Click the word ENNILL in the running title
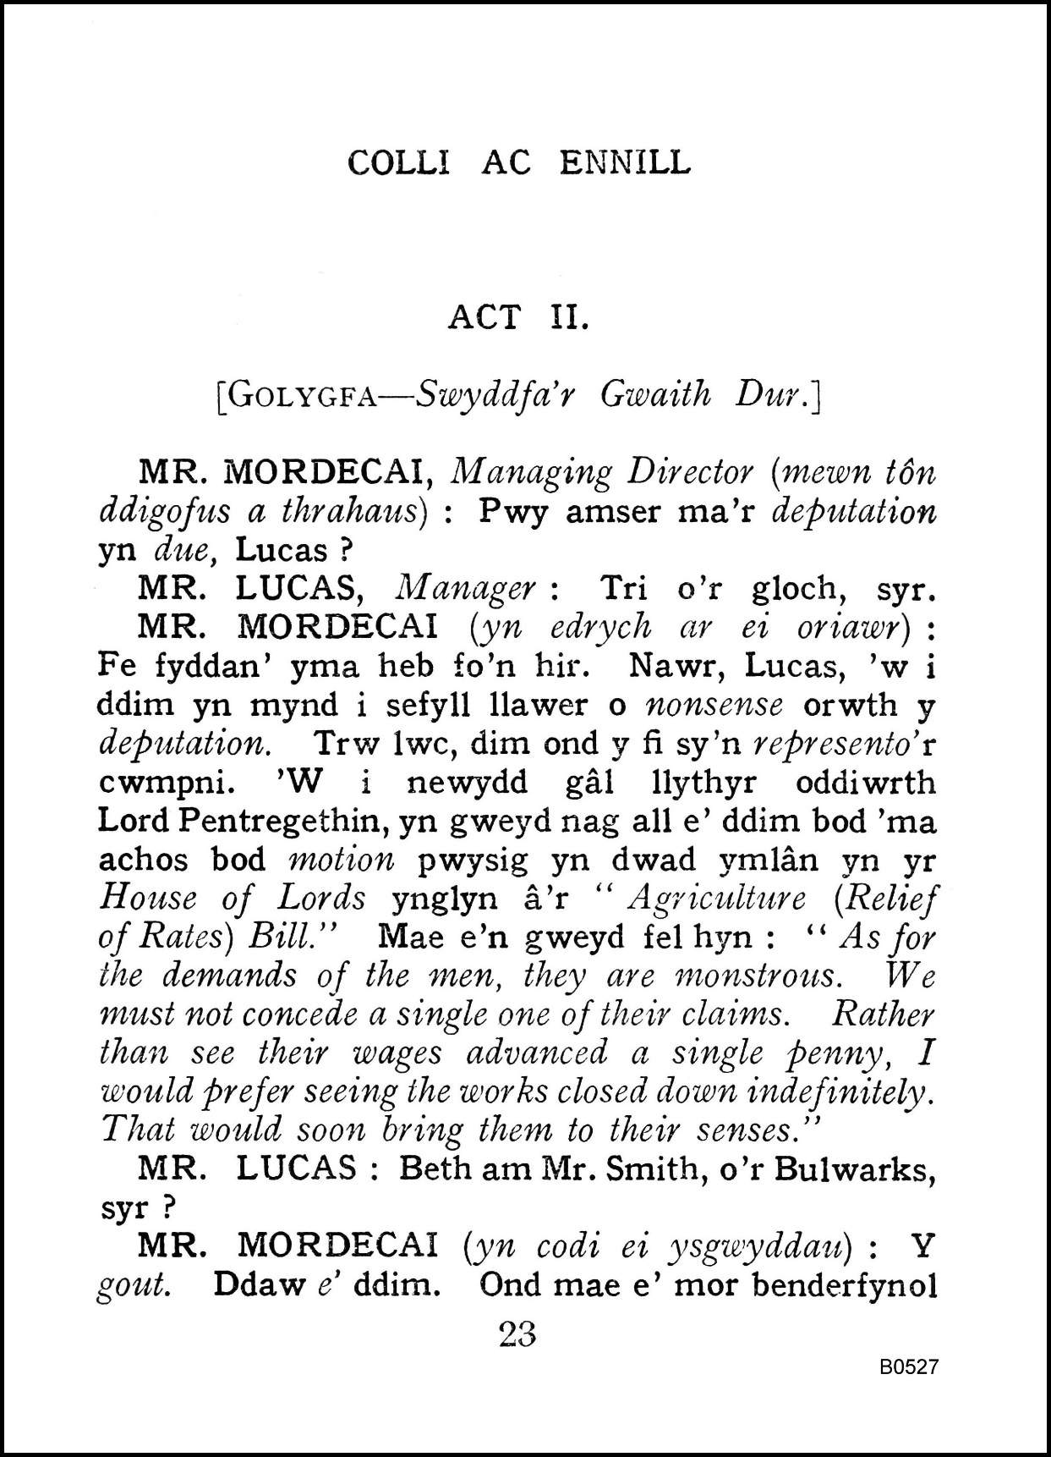pos(625,162)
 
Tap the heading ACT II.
pos(517,317)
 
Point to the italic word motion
pos(341,860)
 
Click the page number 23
pos(517,1334)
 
